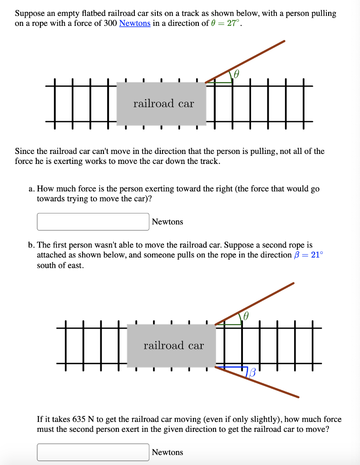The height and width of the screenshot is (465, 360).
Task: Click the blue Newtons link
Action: point(134,23)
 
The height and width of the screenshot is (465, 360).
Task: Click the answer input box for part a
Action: point(93,222)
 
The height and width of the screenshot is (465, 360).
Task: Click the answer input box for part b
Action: point(93,452)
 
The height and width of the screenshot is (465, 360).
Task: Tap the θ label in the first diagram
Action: point(237,74)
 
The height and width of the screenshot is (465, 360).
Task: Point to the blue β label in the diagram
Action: point(252,373)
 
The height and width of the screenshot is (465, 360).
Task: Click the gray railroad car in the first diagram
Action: point(161,104)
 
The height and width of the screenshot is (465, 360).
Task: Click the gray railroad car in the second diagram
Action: point(171,346)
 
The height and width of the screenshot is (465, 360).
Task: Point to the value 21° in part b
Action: point(316,255)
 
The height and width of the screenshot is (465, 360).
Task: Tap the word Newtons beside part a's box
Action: point(168,222)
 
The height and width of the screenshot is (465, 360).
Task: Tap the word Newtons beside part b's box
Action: point(168,452)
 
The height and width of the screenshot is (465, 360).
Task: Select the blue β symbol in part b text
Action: point(297,255)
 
